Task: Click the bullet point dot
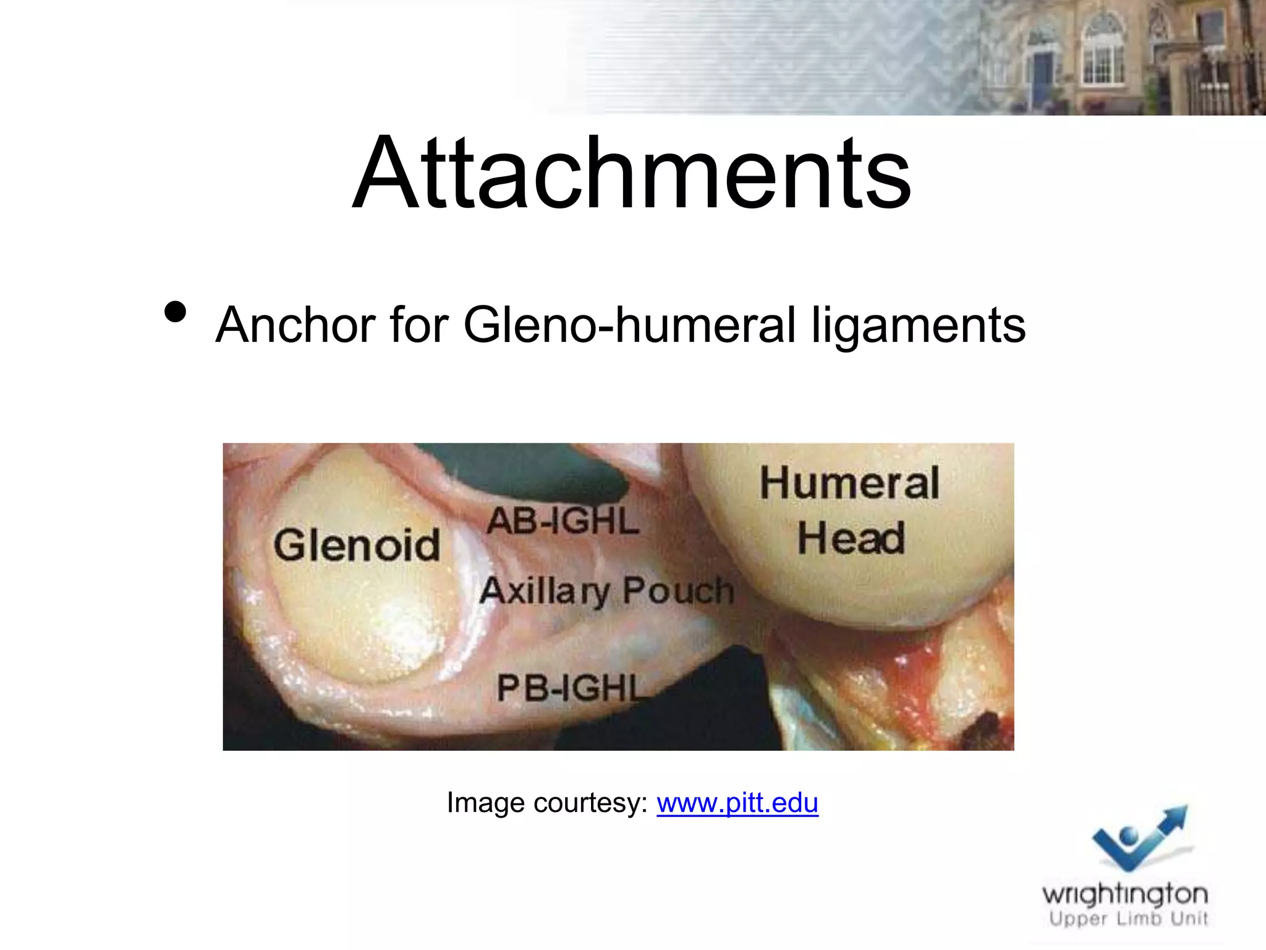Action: [x=176, y=312]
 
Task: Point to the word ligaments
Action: [x=919, y=327]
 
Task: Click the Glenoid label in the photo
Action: [x=357, y=545]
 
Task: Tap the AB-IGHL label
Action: [x=563, y=521]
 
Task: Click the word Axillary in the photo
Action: [x=545, y=590]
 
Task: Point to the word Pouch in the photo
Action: [x=678, y=590]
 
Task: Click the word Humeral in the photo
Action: [x=849, y=483]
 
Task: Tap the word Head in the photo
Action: [x=851, y=538]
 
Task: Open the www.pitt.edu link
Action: [x=737, y=803]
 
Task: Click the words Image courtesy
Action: [x=546, y=803]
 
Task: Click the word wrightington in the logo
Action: [x=1124, y=894]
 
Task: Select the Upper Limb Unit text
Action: [x=1128, y=918]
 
